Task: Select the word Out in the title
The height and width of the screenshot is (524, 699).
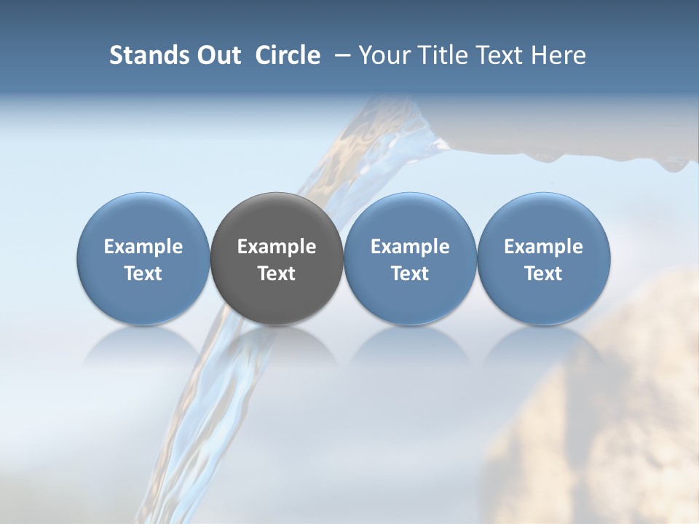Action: click(217, 55)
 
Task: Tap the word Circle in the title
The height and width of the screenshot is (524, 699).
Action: click(288, 55)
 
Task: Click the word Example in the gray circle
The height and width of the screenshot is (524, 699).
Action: click(277, 247)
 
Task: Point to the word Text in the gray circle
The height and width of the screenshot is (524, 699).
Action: click(277, 274)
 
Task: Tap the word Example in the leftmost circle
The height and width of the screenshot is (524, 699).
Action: click(143, 247)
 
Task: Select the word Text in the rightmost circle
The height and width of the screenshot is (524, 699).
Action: click(543, 274)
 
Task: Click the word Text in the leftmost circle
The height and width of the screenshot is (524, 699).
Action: click(143, 274)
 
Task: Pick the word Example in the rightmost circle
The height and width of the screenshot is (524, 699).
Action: click(543, 247)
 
